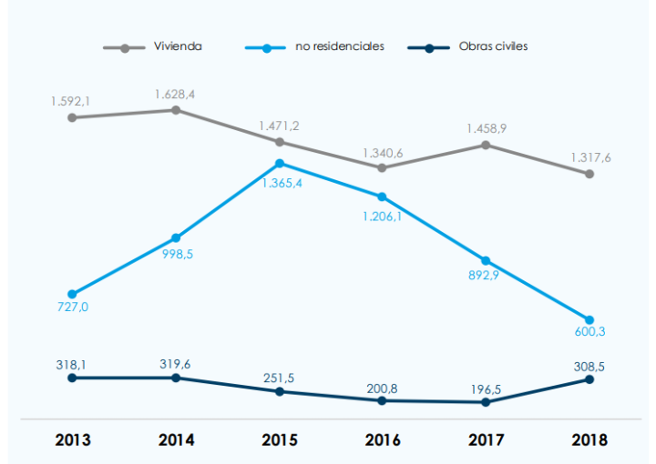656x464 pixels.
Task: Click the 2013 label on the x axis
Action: pyautogui.click(x=73, y=440)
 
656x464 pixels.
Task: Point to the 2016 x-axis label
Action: pyautogui.click(x=383, y=440)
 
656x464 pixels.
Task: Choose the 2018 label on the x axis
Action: pyautogui.click(x=589, y=440)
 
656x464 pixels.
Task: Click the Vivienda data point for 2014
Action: pyautogui.click(x=176, y=110)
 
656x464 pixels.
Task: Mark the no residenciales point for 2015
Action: pyautogui.click(x=280, y=164)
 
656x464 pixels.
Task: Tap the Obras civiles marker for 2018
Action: pyautogui.click(x=589, y=378)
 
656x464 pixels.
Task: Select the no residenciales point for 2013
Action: pyautogui.click(x=73, y=294)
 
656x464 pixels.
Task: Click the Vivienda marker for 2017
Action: pyautogui.click(x=486, y=145)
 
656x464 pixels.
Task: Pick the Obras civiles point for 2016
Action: pyautogui.click(x=383, y=400)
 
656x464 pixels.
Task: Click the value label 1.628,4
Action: pyautogui.click(x=176, y=94)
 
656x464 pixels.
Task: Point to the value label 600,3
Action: pyautogui.click(x=589, y=332)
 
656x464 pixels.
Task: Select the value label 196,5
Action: pyautogui.click(x=486, y=388)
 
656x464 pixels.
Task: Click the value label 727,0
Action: pyautogui.click(x=73, y=308)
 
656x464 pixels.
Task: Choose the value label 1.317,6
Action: pyautogui.click(x=590, y=157)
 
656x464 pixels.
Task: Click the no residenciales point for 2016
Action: pyautogui.click(x=383, y=197)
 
